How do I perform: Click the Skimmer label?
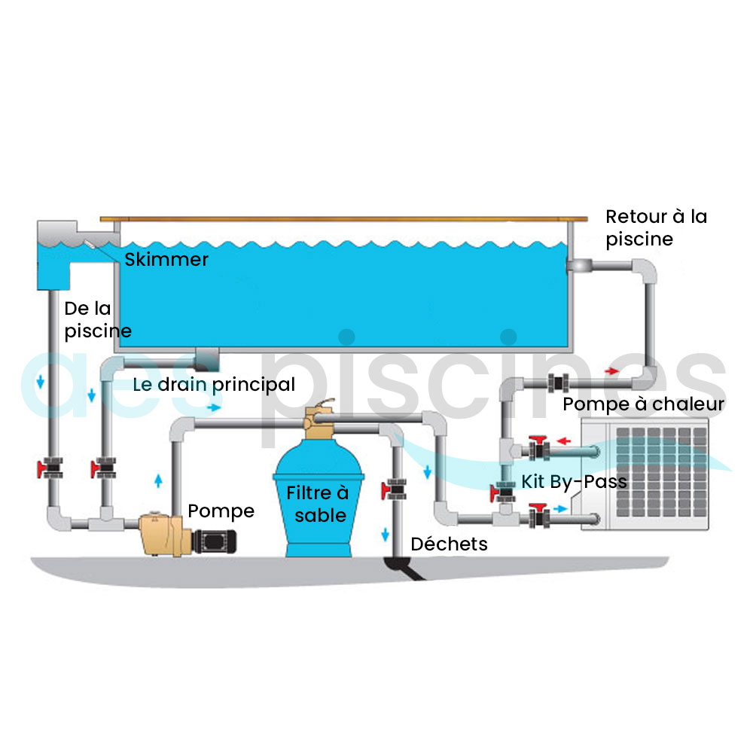pyautogui.click(x=166, y=259)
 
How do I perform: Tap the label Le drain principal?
pyautogui.click(x=214, y=385)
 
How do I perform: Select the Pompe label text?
pyautogui.click(x=221, y=511)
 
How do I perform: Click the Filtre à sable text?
pyautogui.click(x=318, y=504)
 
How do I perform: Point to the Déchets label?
pyautogui.click(x=449, y=544)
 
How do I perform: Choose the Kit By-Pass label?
pyautogui.click(x=575, y=482)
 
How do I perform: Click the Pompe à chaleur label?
pyautogui.click(x=644, y=404)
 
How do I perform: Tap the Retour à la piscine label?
pyautogui.click(x=657, y=228)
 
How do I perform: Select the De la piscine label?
pyautogui.click(x=98, y=320)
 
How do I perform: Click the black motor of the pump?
pyautogui.click(x=214, y=541)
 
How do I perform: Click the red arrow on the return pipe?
pyautogui.click(x=611, y=371)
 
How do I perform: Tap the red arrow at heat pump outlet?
pyautogui.click(x=564, y=441)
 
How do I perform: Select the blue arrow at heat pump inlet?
pyautogui.click(x=560, y=508)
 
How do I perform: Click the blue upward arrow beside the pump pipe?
pyautogui.click(x=158, y=480)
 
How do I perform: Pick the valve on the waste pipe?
pyautogui.click(x=395, y=489)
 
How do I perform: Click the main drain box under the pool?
pyautogui.click(x=207, y=359)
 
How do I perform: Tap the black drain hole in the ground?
pyautogui.click(x=404, y=566)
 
